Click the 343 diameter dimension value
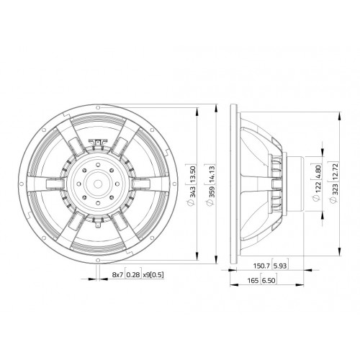[x=193, y=192]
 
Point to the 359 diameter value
[x=211, y=192]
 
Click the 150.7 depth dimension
[x=262, y=266]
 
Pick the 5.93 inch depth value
[x=280, y=266]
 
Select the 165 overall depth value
[x=253, y=280]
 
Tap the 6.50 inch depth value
[x=269, y=280]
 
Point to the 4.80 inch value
[x=318, y=172]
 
